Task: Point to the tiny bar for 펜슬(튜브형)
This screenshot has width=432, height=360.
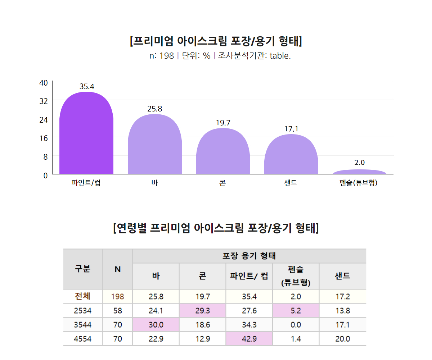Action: pyautogui.click(x=359, y=172)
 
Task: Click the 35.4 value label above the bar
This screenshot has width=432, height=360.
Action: pyautogui.click(x=87, y=86)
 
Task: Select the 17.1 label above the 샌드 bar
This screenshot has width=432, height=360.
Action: pyautogui.click(x=291, y=129)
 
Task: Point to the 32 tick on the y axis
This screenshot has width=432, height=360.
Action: pyautogui.click(x=44, y=101)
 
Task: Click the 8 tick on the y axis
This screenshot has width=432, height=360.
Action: pyautogui.click(x=45, y=157)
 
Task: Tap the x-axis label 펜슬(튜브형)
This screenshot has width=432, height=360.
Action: pyautogui.click(x=359, y=183)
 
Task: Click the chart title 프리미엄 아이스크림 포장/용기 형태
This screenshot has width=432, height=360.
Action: pyautogui.click(x=216, y=41)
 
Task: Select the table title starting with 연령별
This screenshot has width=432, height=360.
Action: pyautogui.click(x=216, y=228)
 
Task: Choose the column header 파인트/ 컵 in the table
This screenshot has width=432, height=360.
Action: pyautogui.click(x=249, y=276)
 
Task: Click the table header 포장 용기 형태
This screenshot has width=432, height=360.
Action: pyautogui.click(x=249, y=256)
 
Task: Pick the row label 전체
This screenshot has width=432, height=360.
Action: pyautogui.click(x=82, y=296)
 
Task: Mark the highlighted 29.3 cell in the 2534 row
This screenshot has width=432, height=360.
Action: pyautogui.click(x=202, y=311)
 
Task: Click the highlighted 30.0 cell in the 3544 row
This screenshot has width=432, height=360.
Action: pyautogui.click(x=156, y=325)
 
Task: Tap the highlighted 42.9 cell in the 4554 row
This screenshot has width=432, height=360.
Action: pyautogui.click(x=249, y=339)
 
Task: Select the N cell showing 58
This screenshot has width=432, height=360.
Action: pyautogui.click(x=117, y=311)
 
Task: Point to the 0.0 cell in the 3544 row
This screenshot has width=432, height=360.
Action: pyautogui.click(x=296, y=325)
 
